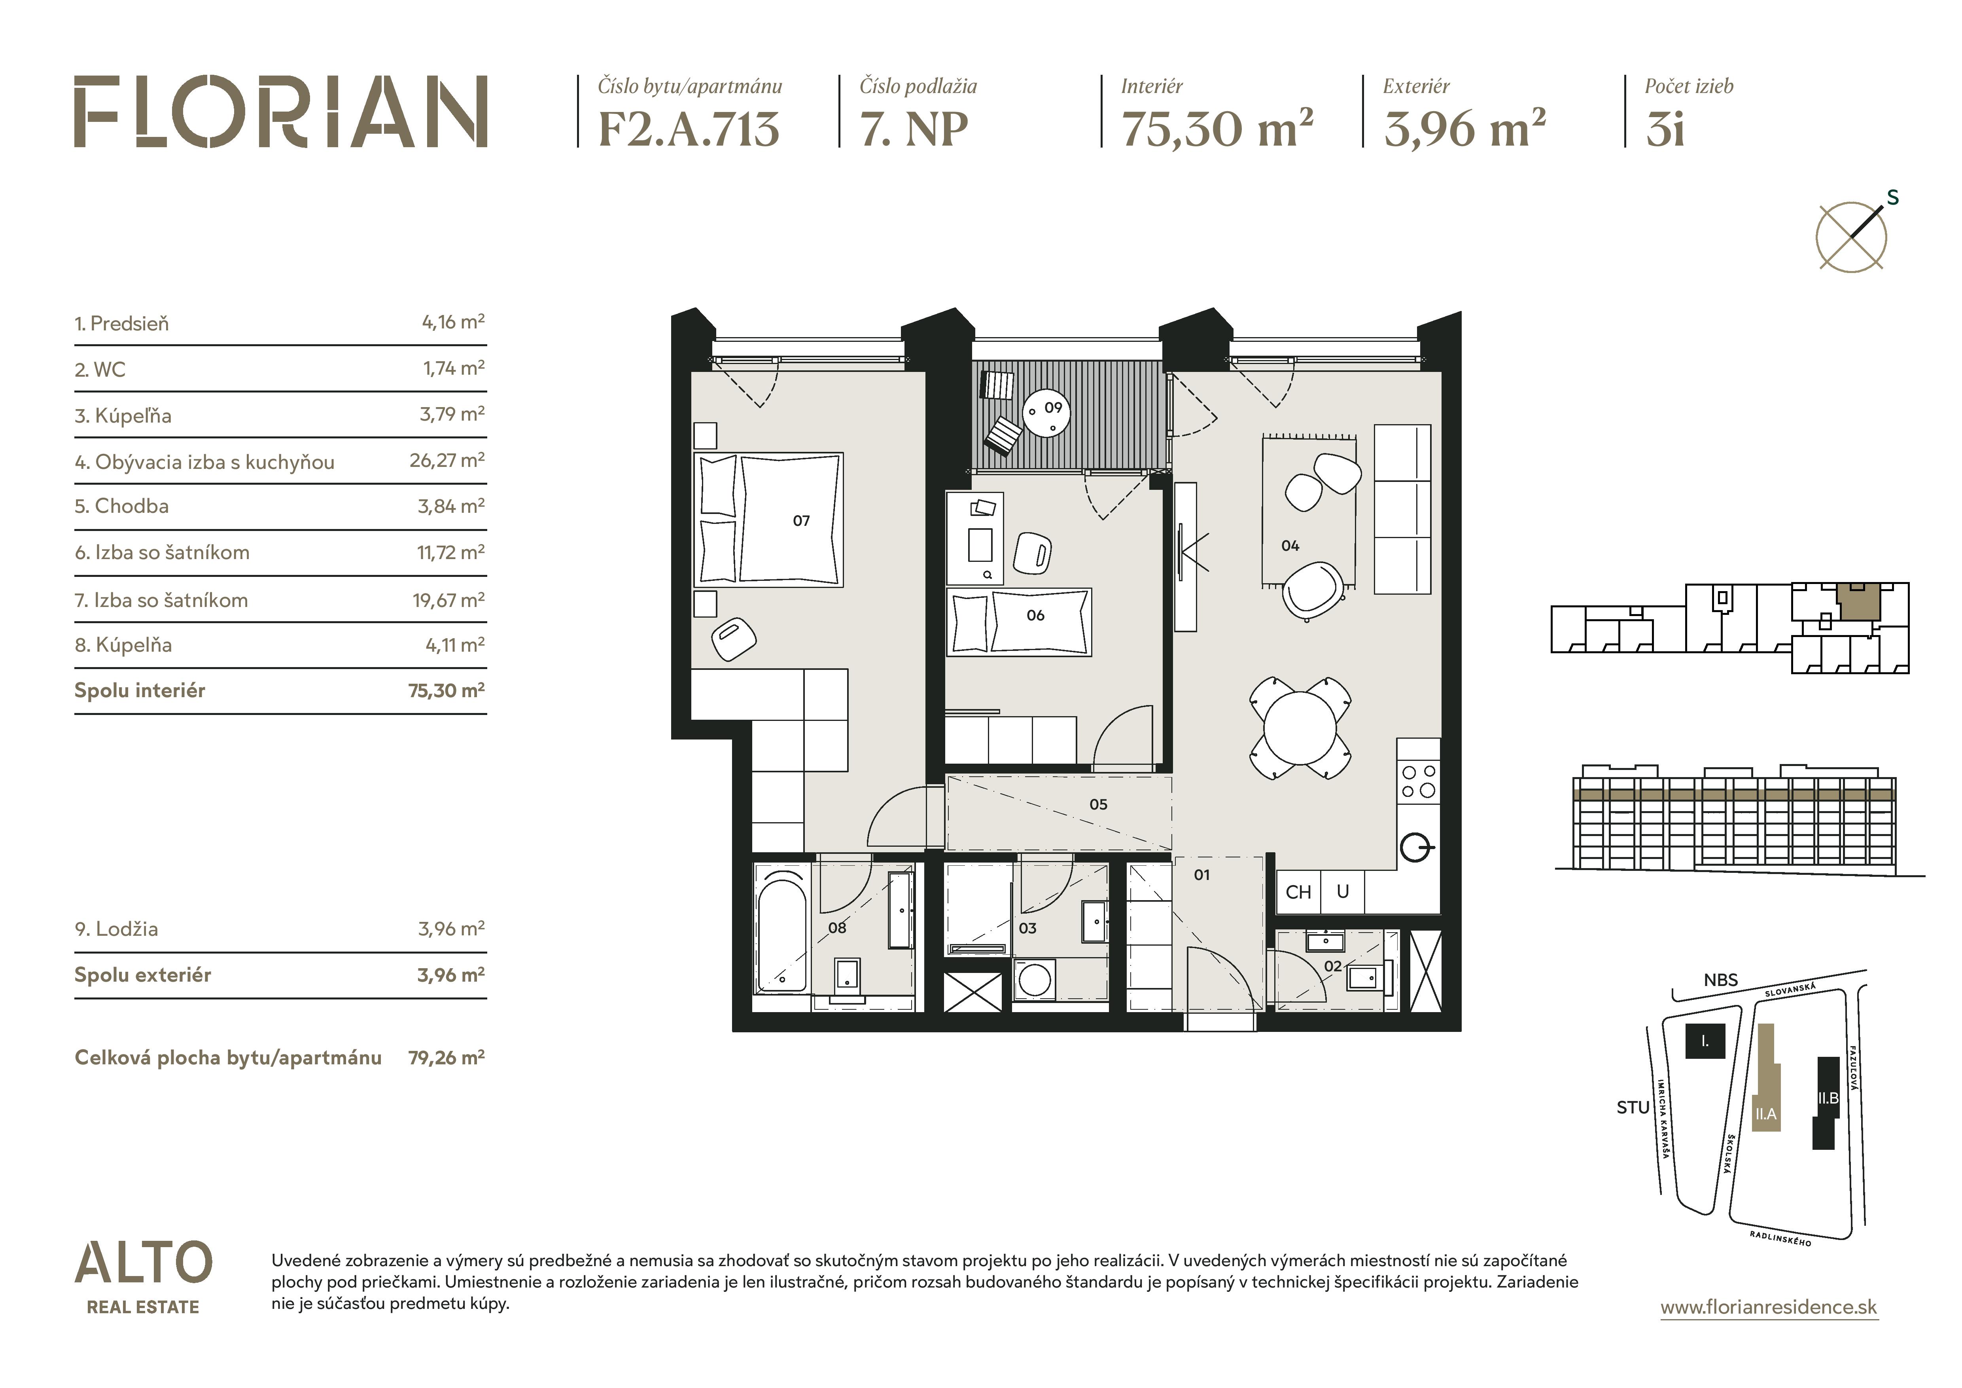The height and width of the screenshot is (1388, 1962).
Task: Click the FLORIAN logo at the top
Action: point(280,112)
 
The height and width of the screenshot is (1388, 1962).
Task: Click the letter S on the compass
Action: point(1893,197)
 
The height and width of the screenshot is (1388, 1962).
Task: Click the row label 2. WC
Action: point(100,370)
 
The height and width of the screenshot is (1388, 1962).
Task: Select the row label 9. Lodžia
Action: point(116,929)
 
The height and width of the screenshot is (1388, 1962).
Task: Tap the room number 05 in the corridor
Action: point(1098,804)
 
